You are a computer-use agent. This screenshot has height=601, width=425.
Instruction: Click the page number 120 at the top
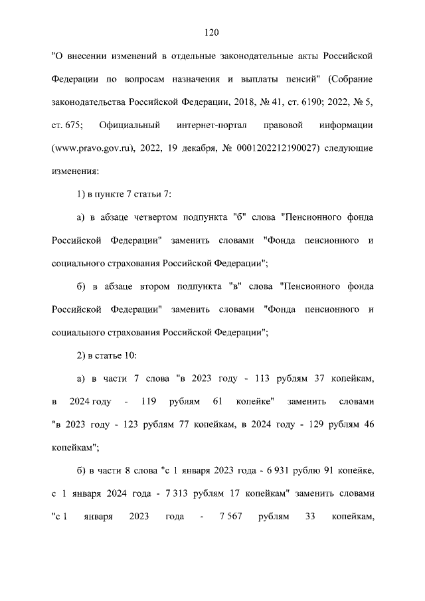[212, 32]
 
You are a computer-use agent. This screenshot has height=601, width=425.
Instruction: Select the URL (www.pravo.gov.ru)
[92, 147]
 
